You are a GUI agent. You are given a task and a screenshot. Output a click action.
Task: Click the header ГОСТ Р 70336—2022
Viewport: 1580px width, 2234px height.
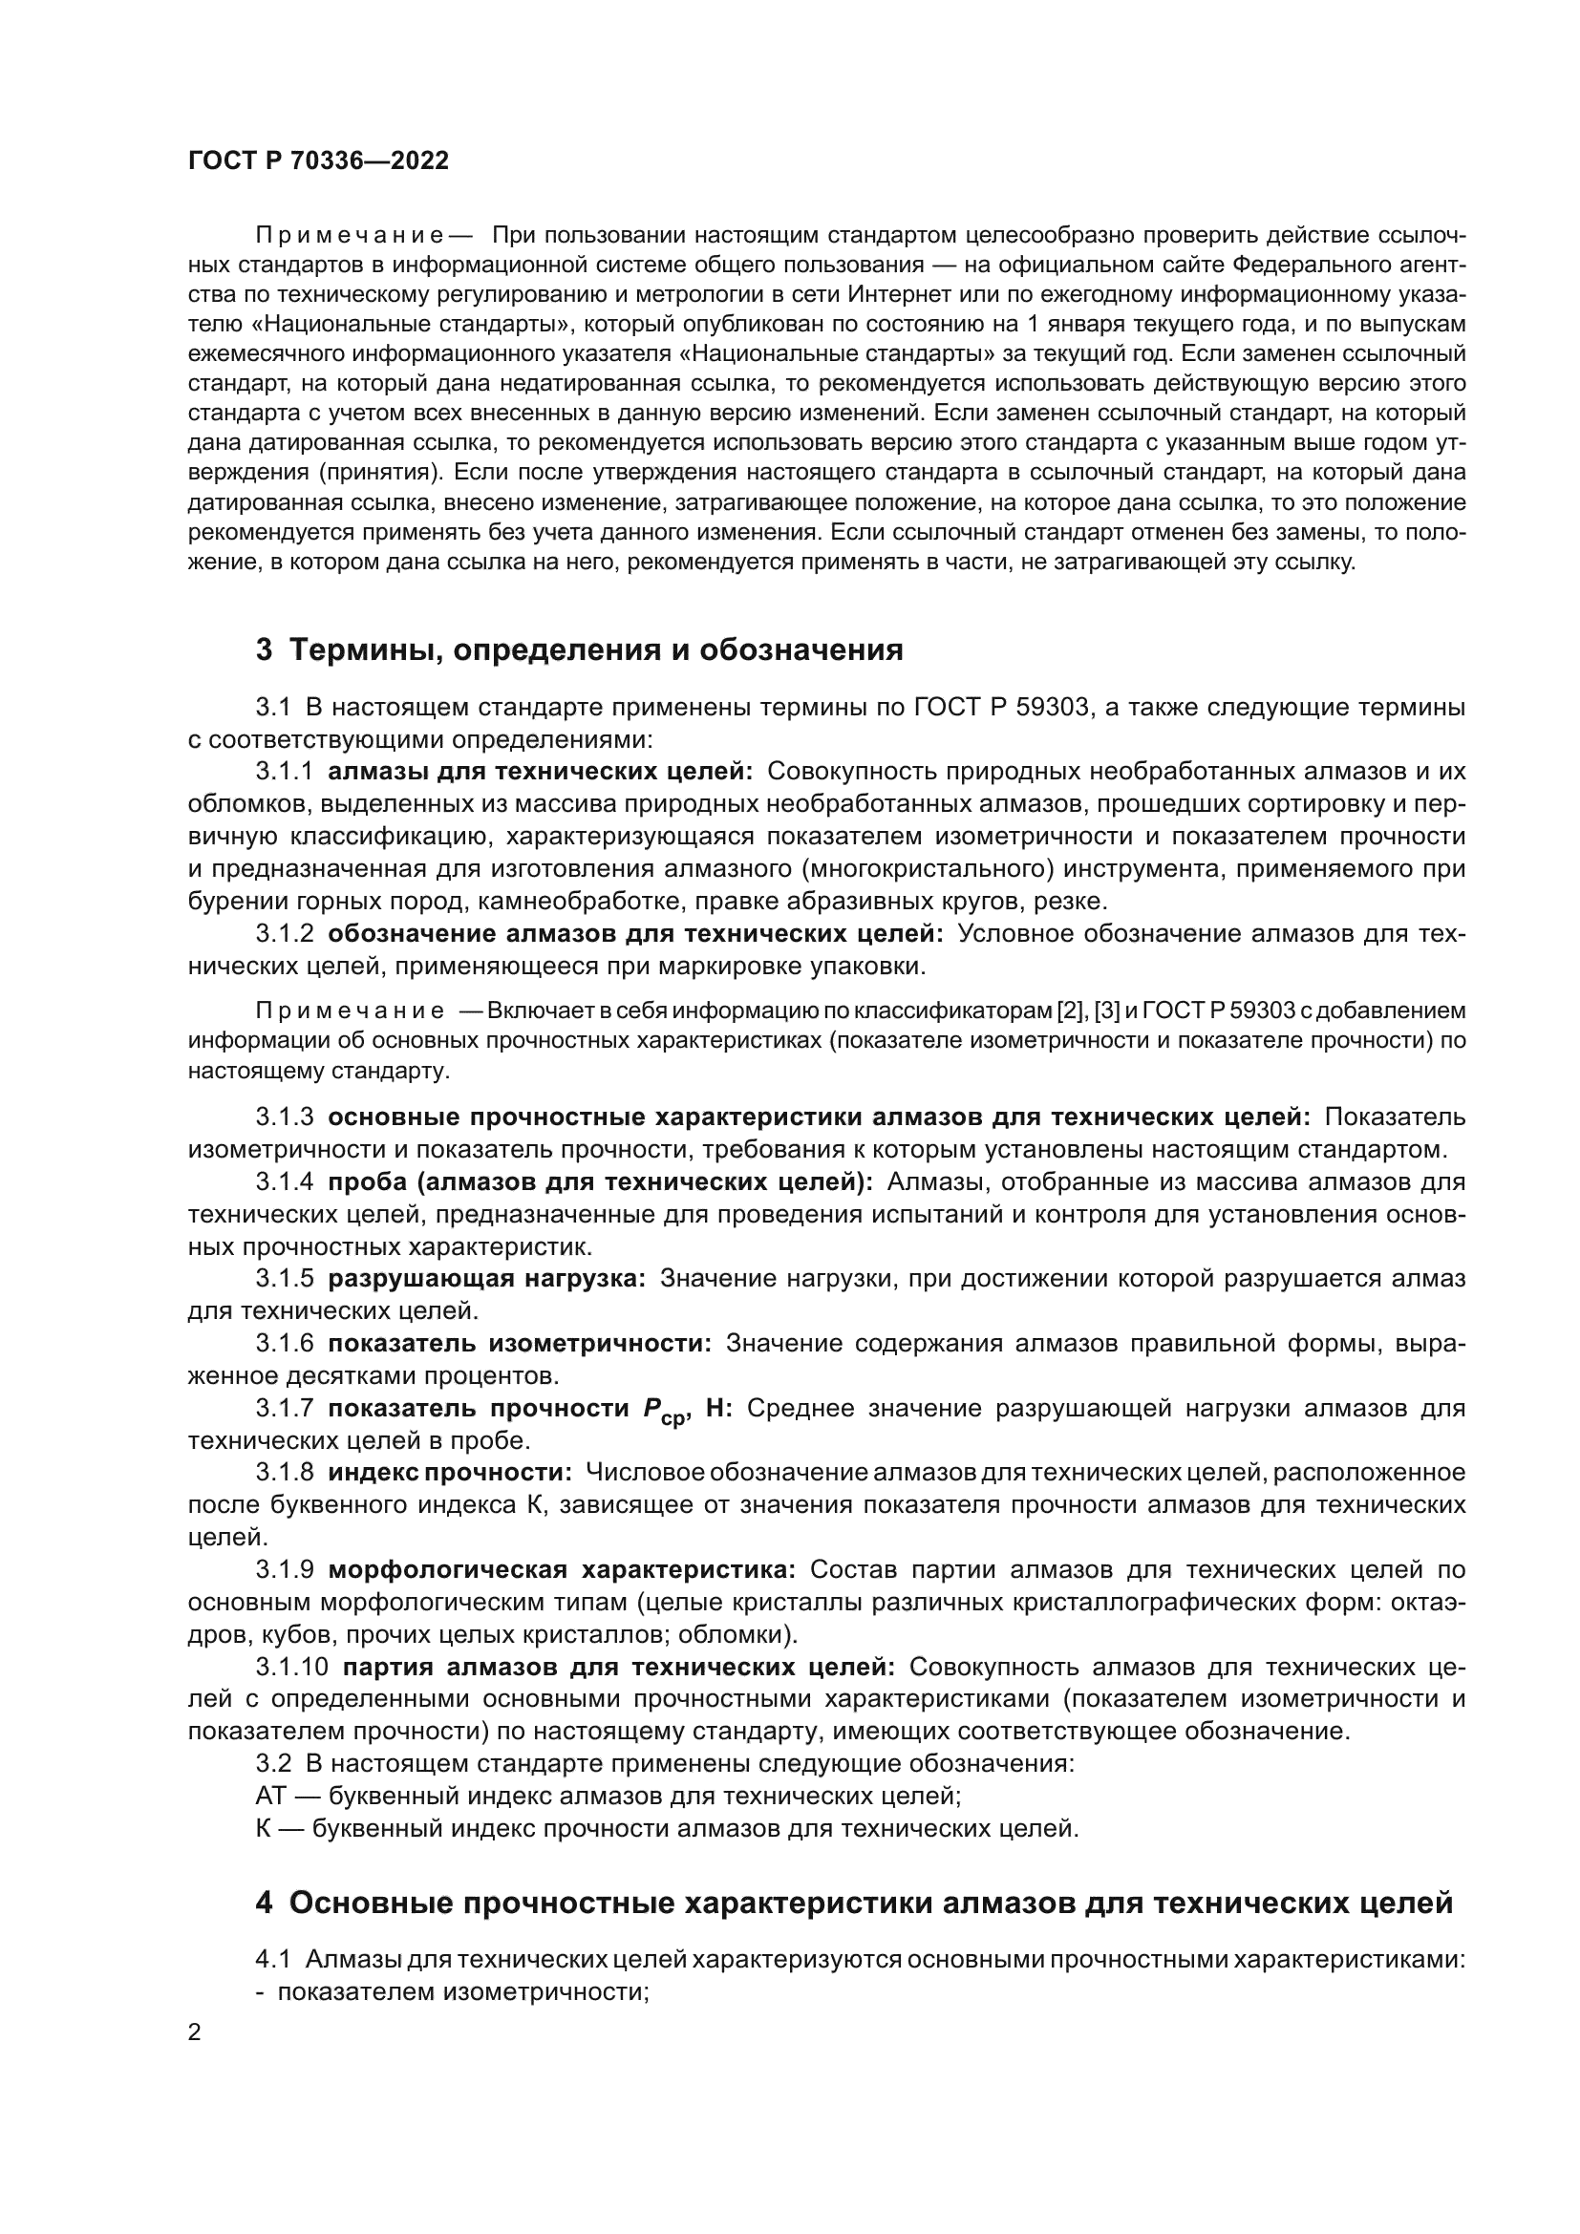pyautogui.click(x=318, y=161)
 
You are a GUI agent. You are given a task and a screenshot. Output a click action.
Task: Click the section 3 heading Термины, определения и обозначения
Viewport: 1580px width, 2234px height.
pyautogui.click(x=580, y=649)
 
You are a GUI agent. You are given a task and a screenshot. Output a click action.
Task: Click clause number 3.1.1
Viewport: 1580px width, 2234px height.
pyautogui.click(x=284, y=772)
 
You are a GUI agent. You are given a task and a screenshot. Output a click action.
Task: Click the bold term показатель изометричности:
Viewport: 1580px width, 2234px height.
pyautogui.click(x=520, y=1344)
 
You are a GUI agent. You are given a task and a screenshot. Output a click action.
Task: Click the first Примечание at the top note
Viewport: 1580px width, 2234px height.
pyautogui.click(x=350, y=235)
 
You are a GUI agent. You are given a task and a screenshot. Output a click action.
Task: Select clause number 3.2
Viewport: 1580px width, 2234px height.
pyautogui.click(x=273, y=1763)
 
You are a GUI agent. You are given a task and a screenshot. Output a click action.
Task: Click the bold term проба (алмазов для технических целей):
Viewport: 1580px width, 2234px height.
pyautogui.click(x=599, y=1182)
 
